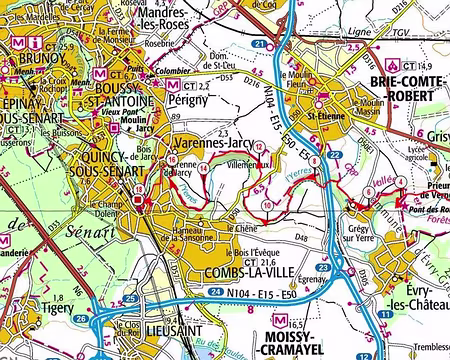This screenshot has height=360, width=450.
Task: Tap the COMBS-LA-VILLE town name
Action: coord(232,273)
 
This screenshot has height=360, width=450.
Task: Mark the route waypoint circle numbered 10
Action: coord(268,204)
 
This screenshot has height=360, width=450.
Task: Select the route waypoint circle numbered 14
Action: coord(204,168)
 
